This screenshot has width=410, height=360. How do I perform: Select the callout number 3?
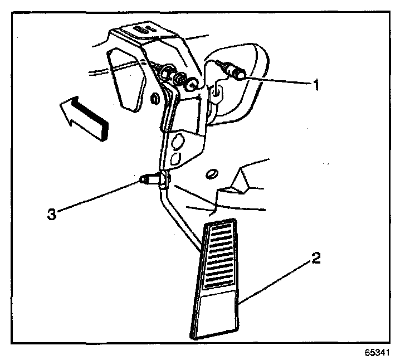(x=51, y=213)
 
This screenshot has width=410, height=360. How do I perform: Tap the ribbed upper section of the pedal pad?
(x=220, y=256)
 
